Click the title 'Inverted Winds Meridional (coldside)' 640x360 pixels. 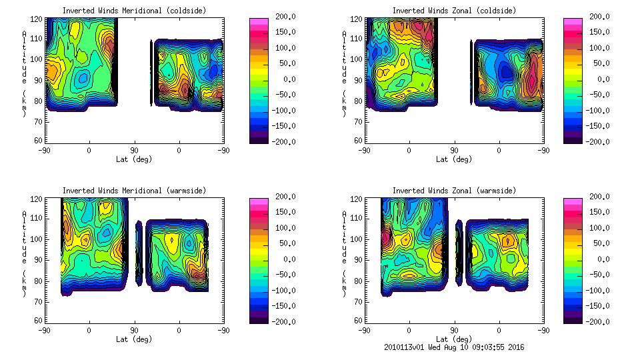[x=134, y=11]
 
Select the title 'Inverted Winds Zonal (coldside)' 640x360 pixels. [x=454, y=11]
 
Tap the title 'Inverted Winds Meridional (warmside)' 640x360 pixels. [x=134, y=191]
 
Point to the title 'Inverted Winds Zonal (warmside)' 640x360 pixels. [x=454, y=191]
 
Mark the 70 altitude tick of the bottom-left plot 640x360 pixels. [x=39, y=301]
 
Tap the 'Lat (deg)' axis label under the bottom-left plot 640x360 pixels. [x=134, y=339]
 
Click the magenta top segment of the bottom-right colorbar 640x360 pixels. [x=572, y=200]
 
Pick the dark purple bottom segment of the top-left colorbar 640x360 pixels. [x=258, y=139]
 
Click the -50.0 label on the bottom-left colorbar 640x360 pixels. [x=285, y=275]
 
